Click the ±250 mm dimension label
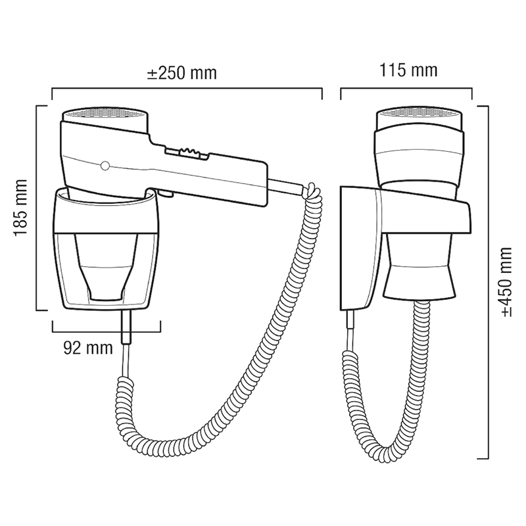coord(182,73)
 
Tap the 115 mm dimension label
coord(408,70)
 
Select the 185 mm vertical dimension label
coord(20,208)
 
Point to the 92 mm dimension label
coord(88,348)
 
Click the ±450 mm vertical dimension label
coord(506,282)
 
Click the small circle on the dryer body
coord(105,165)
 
